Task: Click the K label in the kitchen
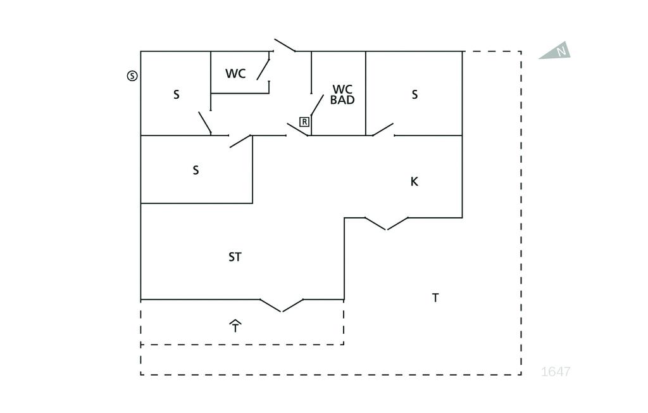pos(414,182)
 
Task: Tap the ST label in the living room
pos(235,257)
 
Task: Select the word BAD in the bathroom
pos(342,100)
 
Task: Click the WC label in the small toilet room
pos(235,73)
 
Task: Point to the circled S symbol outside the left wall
pos(132,76)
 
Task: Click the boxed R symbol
pos(304,122)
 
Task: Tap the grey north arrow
pos(556,52)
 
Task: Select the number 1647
pos(556,372)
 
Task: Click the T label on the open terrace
pos(435,298)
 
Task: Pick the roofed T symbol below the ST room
pos(235,326)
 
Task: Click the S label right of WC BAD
pos(414,95)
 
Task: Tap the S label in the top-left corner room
pos(176,95)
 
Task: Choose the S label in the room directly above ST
pos(196,170)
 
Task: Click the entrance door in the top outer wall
pos(285,46)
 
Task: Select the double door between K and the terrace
pos(387,224)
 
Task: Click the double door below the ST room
pos(282,305)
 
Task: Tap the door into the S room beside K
pos(383,130)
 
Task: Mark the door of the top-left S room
pos(204,123)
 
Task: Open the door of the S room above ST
pos(240,141)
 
